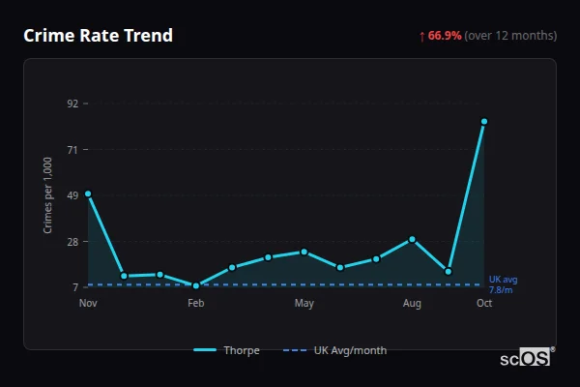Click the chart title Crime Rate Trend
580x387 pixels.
coord(98,36)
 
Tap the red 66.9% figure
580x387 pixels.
coord(445,36)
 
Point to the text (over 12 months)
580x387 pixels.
coord(510,36)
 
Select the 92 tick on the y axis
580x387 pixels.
coord(72,104)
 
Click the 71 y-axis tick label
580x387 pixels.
coord(72,150)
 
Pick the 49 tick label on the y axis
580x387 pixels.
coord(72,195)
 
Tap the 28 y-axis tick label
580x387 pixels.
coord(72,242)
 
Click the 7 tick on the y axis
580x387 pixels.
coord(74,287)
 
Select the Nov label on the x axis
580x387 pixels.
coord(88,304)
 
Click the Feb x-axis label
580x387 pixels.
coord(196,304)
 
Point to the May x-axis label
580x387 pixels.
coord(304,304)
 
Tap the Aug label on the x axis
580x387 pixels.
coord(412,304)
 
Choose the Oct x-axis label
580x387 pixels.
coord(484,304)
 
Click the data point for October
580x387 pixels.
coord(484,122)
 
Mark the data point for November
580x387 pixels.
coord(88,193)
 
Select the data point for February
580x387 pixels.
coord(196,285)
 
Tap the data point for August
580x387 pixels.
coord(412,239)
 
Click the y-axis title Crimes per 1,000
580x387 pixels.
coord(47,195)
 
